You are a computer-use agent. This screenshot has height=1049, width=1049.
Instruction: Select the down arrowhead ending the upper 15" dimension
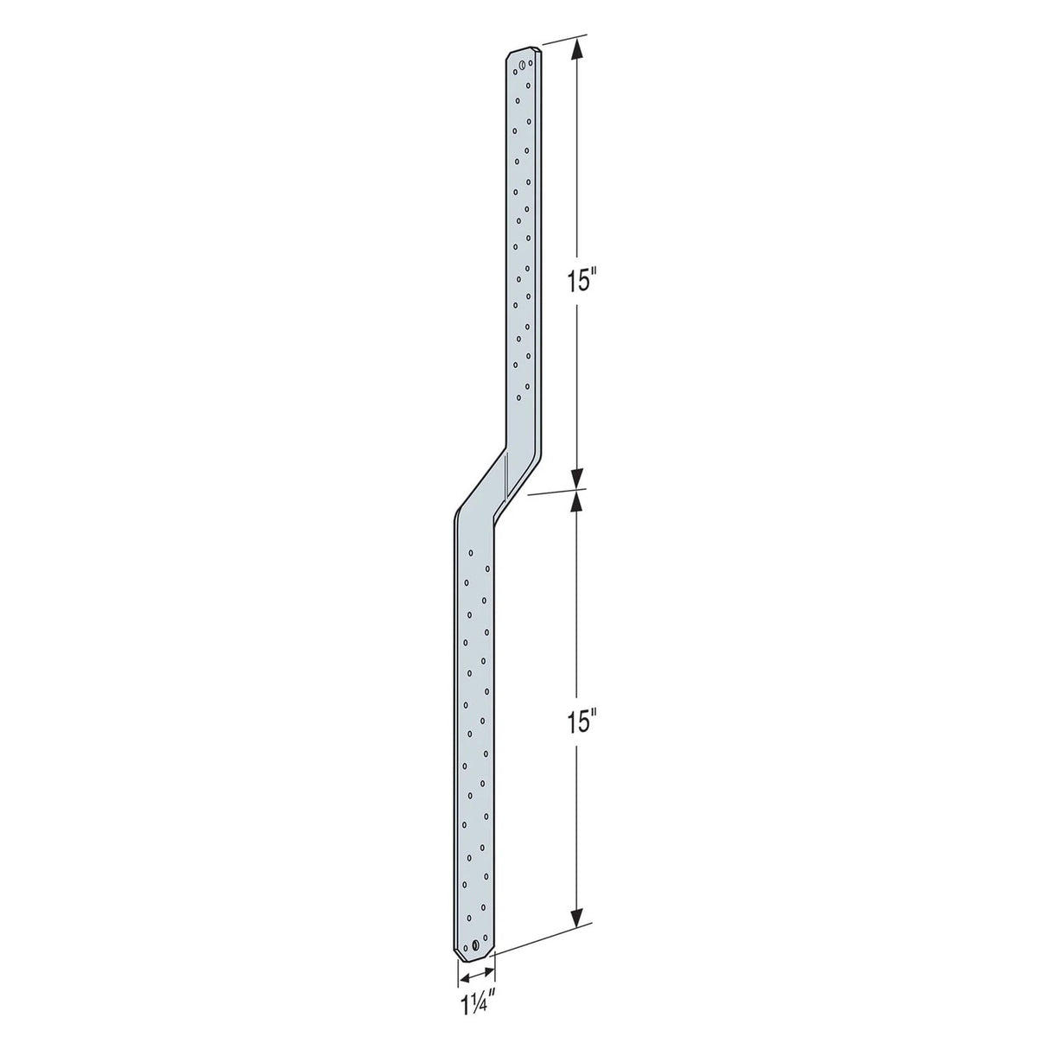tap(578, 477)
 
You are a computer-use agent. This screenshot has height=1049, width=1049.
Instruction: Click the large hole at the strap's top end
tap(522, 63)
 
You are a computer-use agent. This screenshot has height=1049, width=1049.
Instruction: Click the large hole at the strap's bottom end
tap(474, 945)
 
